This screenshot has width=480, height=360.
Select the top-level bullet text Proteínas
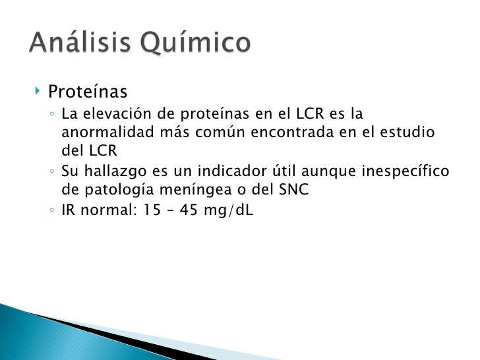tap(87, 90)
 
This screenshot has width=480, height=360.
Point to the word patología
tap(111, 191)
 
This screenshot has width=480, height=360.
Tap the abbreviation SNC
tap(293, 190)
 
